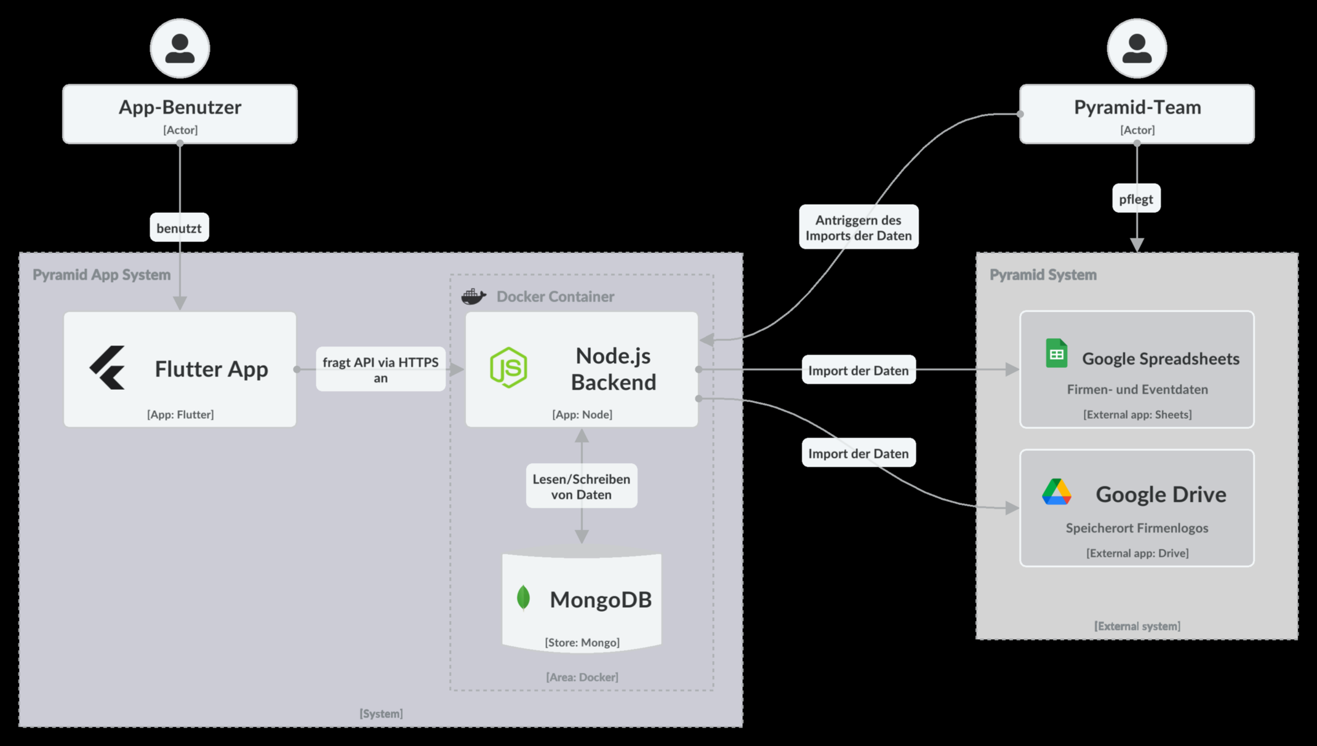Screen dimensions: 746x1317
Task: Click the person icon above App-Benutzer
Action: (x=180, y=49)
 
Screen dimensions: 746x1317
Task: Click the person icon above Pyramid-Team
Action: (x=1137, y=49)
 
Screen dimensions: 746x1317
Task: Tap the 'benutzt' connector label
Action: (x=179, y=228)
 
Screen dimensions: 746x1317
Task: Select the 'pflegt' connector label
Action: (x=1136, y=199)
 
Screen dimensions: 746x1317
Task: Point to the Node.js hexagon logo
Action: (x=508, y=367)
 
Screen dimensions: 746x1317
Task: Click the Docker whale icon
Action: (x=473, y=296)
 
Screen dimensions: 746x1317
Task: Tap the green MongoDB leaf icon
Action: (x=523, y=597)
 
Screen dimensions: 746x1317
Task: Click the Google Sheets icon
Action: (x=1056, y=354)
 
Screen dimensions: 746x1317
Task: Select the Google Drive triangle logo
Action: (x=1056, y=492)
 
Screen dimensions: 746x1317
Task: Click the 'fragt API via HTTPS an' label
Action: (x=380, y=370)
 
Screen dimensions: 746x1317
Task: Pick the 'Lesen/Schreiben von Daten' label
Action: (x=581, y=486)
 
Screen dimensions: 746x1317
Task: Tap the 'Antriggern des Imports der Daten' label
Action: (x=859, y=228)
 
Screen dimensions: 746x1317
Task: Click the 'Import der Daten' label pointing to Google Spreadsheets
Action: (x=859, y=370)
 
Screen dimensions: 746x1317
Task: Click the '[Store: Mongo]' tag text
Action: (x=582, y=642)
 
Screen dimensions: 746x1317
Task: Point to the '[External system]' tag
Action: (x=1137, y=625)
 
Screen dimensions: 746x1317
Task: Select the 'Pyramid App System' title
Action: (x=102, y=275)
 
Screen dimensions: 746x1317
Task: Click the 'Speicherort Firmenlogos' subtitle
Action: (x=1137, y=528)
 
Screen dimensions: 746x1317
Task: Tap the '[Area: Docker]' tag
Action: (x=582, y=677)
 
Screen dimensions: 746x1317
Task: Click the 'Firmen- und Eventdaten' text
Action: (x=1137, y=389)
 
